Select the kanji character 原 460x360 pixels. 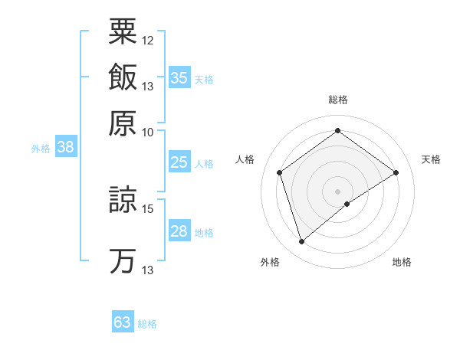tap(123, 123)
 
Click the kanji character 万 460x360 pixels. tap(123, 260)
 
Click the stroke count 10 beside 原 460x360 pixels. tap(148, 132)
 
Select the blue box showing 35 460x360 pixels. tap(179, 78)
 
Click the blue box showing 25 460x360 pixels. tap(179, 162)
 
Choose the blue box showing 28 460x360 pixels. tap(179, 232)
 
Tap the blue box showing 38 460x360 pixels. tap(65, 148)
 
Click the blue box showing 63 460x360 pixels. tap(123, 322)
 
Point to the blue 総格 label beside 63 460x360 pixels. tap(147, 324)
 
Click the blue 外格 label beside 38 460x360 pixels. tap(41, 149)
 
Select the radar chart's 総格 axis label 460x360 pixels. tap(338, 100)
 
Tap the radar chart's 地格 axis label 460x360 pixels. tap(402, 262)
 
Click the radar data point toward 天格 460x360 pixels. tap(396, 172)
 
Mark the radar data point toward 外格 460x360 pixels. tap(301, 242)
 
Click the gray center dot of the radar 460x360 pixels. tap(338, 191)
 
